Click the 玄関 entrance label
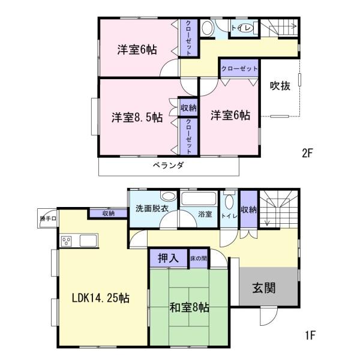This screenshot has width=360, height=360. click(x=264, y=287)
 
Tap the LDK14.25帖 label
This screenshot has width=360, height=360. click(x=101, y=298)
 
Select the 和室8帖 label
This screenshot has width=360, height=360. click(x=190, y=307)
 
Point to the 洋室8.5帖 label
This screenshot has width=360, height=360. click(x=137, y=118)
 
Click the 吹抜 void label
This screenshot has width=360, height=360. click(x=280, y=86)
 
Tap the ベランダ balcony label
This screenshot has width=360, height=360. click(x=168, y=165)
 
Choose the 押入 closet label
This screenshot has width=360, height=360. click(x=168, y=258)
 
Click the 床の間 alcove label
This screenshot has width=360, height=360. click(x=199, y=258)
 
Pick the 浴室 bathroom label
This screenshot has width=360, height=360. click(x=205, y=214)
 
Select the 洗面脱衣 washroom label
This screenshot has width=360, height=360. click(x=152, y=208)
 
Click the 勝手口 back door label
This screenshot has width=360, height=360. click(x=48, y=218)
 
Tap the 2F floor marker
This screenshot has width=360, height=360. click(x=308, y=153)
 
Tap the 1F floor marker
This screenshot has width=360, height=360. click(x=310, y=335)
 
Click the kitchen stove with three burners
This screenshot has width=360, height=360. click(x=67, y=241)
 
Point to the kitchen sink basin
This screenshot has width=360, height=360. click(x=88, y=241)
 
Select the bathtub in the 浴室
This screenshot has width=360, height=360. click(x=199, y=199)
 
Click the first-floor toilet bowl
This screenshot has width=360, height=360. click(x=229, y=202)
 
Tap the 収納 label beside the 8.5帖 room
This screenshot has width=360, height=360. click(x=188, y=107)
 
